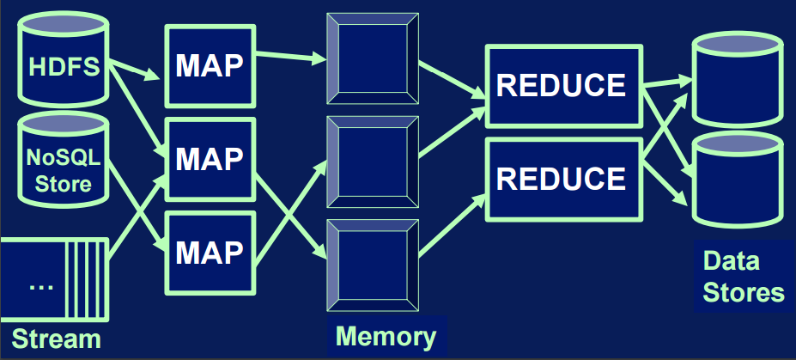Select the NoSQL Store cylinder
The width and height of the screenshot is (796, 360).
tap(61, 163)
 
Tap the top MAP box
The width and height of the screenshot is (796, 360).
tap(210, 67)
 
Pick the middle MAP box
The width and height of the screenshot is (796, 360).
tap(210, 159)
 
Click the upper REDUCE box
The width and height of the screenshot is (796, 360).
tap(562, 85)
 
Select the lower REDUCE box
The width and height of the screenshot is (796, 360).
tap(562, 178)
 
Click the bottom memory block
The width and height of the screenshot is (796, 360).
tap(373, 261)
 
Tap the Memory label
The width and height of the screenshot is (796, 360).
tap(386, 335)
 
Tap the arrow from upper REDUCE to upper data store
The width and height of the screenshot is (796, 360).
tap(666, 82)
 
